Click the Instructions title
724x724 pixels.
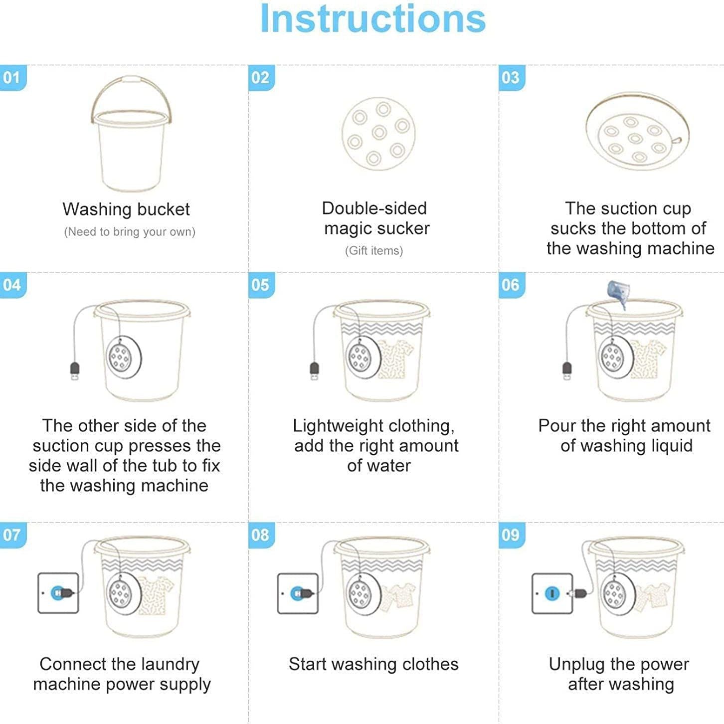pyautogui.click(x=372, y=19)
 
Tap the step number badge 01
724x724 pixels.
pyautogui.click(x=13, y=78)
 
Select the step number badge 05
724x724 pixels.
pyautogui.click(x=261, y=285)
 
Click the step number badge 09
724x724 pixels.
pyautogui.click(x=512, y=535)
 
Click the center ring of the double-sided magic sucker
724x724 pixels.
pyautogui.click(x=379, y=132)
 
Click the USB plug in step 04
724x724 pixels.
pyautogui.click(x=75, y=371)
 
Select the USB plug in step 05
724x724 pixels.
pyautogui.click(x=314, y=371)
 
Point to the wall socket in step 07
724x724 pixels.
pyautogui.click(x=58, y=593)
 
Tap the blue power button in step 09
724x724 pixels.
pyautogui.click(x=552, y=594)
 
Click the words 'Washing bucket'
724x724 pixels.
pyautogui.click(x=126, y=209)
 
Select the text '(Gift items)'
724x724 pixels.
pyautogui.click(x=374, y=251)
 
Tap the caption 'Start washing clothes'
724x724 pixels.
pyautogui.click(x=373, y=664)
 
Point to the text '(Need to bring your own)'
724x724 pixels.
pyautogui.click(x=130, y=232)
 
